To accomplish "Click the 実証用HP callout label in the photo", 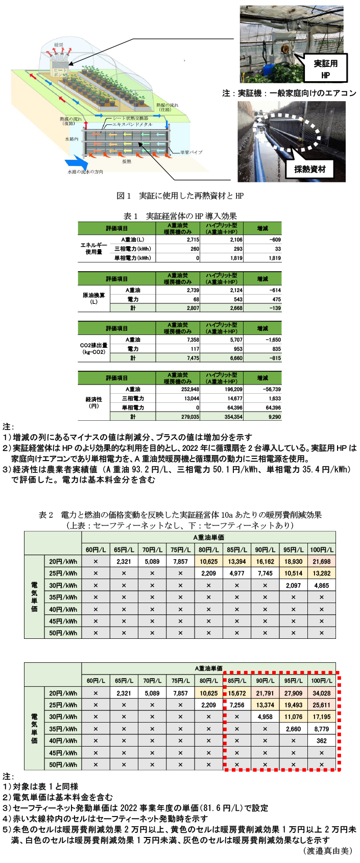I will (x=325, y=69).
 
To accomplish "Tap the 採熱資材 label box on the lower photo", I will (x=309, y=169).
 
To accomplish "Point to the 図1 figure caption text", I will (x=180, y=196).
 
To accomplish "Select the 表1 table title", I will (x=180, y=216).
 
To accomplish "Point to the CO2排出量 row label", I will (x=93, y=349).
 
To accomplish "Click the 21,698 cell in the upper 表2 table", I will (x=322, y=562).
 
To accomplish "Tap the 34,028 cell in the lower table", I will (x=322, y=693).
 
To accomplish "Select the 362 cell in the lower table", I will (x=322, y=741).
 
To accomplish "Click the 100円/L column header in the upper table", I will (x=322, y=549).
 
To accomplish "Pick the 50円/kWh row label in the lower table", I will (x=63, y=764).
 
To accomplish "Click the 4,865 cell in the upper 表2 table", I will (x=322, y=585).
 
